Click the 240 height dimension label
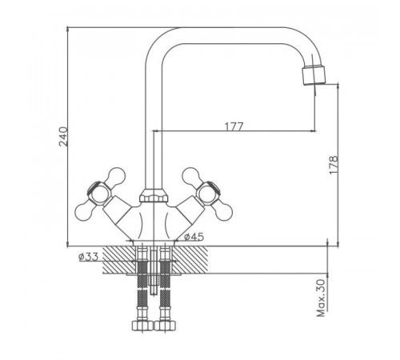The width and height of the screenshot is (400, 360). coord(63,137)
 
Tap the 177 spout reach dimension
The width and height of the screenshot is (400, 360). coord(234,126)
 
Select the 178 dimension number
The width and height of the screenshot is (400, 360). coord(334,165)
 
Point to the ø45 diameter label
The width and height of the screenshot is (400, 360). coord(194,237)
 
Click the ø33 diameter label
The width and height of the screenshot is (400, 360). coord(89,257)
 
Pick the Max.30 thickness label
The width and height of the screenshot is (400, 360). coord(322,298)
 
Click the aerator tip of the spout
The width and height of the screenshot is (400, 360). coord(314,76)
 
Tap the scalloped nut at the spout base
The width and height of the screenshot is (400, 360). coord(154,195)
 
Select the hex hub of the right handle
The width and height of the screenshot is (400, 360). coord(209,193)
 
